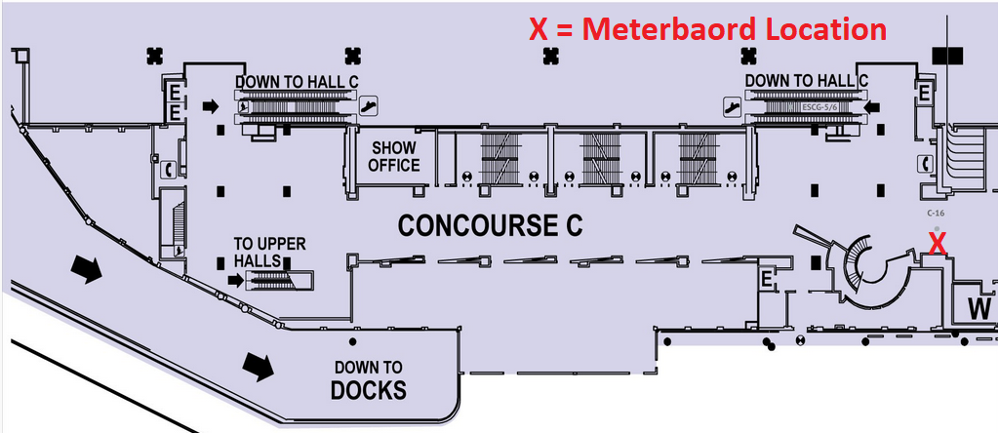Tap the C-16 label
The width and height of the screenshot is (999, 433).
click(937, 212)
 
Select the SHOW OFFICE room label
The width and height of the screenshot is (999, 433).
click(393, 156)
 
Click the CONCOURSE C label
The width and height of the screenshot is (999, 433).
click(490, 226)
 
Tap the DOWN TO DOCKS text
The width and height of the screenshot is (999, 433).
click(368, 380)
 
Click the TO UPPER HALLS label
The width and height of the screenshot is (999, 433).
click(258, 252)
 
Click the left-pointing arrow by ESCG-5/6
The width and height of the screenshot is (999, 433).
click(872, 104)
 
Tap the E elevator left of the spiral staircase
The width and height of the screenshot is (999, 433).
click(768, 281)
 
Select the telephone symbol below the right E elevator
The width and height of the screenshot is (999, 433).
click(926, 164)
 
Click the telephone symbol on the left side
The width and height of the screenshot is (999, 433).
click(170, 169)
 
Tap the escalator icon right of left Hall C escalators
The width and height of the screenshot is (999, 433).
click(368, 104)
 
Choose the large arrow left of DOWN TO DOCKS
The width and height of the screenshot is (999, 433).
click(259, 366)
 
